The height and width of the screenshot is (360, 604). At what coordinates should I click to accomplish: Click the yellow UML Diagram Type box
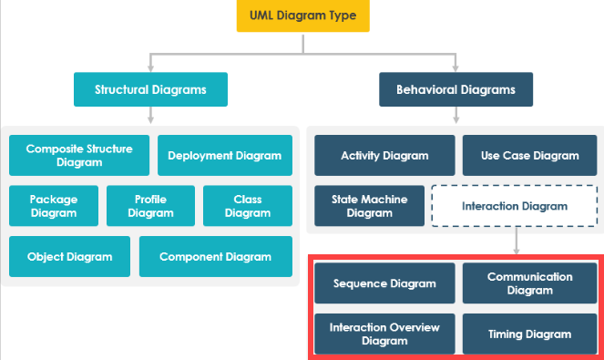[302, 16]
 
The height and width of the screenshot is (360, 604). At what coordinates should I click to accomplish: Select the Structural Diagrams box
[150, 90]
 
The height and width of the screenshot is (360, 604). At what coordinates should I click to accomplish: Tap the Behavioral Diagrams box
[456, 90]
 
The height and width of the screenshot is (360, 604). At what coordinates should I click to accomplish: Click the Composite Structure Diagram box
[79, 155]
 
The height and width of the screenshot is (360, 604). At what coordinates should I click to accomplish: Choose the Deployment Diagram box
[225, 155]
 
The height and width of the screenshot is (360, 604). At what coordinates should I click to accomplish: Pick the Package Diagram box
[53, 206]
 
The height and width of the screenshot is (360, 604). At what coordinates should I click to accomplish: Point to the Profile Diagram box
[150, 206]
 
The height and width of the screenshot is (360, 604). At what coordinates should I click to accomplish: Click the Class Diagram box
[248, 206]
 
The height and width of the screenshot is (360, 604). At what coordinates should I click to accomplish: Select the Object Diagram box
[69, 257]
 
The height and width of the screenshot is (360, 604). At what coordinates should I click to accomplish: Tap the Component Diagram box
[215, 257]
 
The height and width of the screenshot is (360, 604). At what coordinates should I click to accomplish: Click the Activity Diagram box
[384, 155]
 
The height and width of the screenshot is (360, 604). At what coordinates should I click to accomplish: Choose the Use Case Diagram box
[529, 155]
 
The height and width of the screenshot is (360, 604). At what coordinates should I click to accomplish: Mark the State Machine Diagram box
[370, 206]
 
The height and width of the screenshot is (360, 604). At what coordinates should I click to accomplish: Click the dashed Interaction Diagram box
[515, 206]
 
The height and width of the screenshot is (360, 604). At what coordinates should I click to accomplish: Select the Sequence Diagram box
[384, 283]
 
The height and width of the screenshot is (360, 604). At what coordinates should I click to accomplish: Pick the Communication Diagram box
[529, 283]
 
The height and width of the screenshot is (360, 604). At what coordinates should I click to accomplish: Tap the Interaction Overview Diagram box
[384, 334]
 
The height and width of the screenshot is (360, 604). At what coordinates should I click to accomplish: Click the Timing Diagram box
[529, 334]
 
